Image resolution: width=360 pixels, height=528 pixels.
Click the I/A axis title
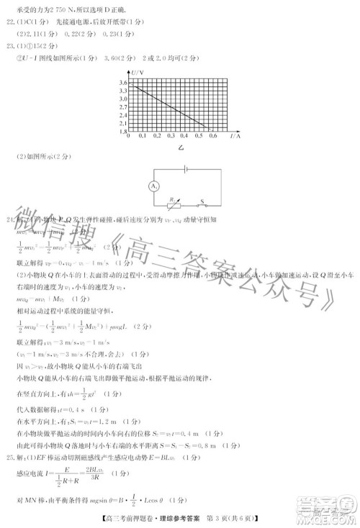click(235, 135)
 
